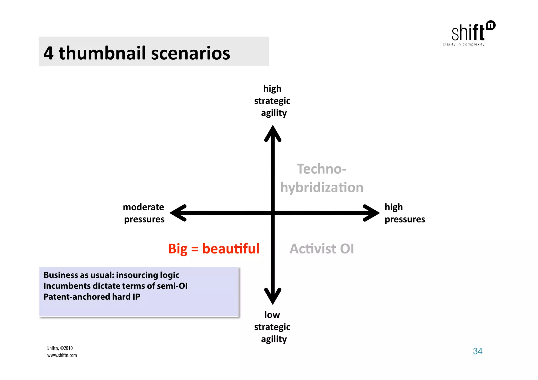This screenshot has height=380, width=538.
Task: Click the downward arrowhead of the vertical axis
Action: [273, 297]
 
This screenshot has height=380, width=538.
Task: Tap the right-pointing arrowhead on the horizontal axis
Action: [371, 213]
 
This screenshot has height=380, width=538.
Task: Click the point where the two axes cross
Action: [273, 213]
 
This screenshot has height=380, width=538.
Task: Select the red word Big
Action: [178, 249]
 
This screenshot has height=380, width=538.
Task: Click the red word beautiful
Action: [231, 249]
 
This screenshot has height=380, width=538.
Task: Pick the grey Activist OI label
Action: [322, 249]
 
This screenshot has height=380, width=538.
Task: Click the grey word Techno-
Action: [321, 169]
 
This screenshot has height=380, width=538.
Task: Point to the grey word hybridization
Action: [322, 188]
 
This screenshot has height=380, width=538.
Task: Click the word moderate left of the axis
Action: [143, 207]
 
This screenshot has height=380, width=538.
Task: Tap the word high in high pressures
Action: [394, 207]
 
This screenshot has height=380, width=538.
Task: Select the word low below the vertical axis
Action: [272, 315]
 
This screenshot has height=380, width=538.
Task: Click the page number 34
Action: [478, 351]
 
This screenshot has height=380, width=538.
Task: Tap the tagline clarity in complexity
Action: [464, 44]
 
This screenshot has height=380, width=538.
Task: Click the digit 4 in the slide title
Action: [49, 53]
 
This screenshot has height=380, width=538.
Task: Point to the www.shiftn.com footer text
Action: [62, 355]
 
